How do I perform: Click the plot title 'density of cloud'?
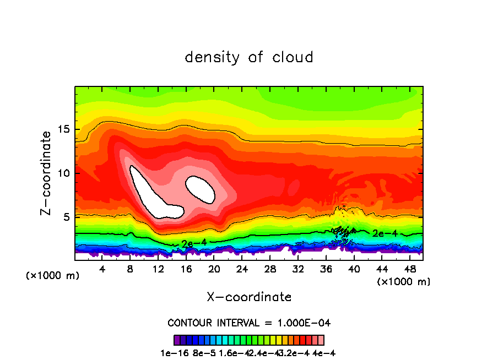click(x=249, y=57)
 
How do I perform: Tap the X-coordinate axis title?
click(x=249, y=297)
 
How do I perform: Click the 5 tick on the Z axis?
click(x=64, y=217)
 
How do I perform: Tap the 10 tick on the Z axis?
click(x=61, y=173)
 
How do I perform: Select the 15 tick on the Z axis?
click(x=61, y=129)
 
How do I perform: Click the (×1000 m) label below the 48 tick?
click(x=404, y=282)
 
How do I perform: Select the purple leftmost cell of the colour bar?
click(x=177, y=340)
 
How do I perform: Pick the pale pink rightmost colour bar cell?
click(x=321, y=340)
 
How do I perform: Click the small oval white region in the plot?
click(x=201, y=189)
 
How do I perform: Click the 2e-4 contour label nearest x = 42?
click(x=385, y=233)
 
